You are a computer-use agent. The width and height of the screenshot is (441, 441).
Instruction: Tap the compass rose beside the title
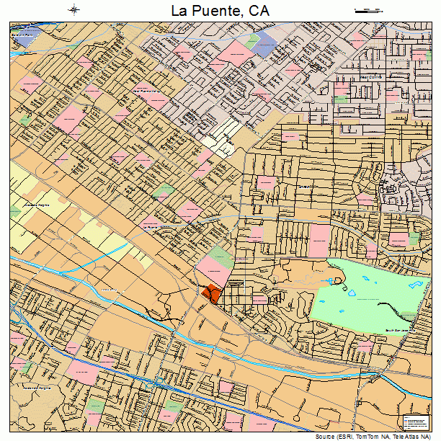click(74, 10)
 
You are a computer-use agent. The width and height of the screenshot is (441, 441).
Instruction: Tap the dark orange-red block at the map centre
click(212, 293)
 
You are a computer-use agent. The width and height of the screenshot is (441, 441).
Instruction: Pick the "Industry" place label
click(108, 290)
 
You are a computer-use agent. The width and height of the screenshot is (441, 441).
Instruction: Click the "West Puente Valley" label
click(148, 92)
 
